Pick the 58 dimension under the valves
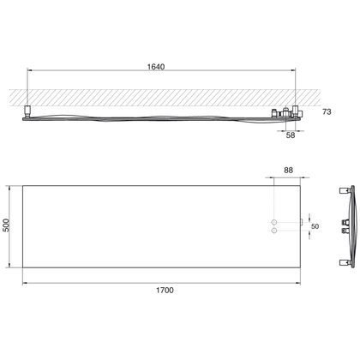291,135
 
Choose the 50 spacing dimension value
315,226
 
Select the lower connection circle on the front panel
274,231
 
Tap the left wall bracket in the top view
28,111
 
